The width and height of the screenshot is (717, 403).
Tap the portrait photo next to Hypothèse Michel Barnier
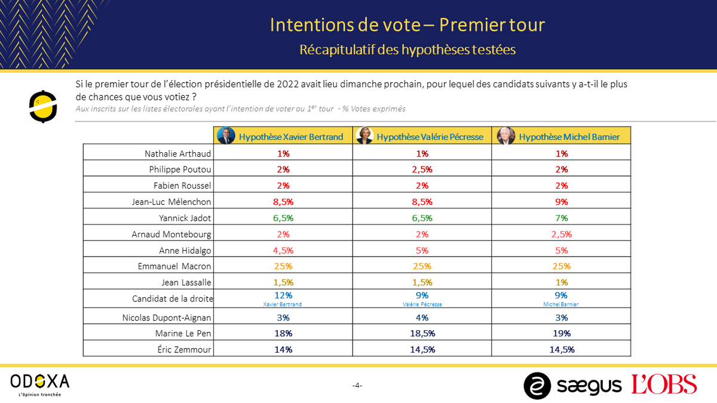coord(506,136)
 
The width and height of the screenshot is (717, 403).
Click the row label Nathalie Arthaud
coord(178,153)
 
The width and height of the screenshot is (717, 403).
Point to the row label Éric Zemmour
coord(182,350)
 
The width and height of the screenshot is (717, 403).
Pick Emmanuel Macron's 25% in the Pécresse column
coord(422,266)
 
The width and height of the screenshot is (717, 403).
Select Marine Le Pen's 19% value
coord(561,333)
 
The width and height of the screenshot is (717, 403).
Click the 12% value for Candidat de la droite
coord(283,295)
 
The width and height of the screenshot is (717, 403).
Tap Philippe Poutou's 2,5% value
coord(422,170)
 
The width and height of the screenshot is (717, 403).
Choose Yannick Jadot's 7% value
coord(561,218)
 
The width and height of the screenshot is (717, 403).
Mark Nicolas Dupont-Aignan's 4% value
coord(422,318)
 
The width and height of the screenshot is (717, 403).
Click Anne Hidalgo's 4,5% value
coord(283,250)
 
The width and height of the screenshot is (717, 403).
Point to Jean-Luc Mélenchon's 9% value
coord(561,202)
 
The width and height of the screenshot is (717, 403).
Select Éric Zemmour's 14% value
coord(283,350)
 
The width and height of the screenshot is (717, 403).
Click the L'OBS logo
coord(664,384)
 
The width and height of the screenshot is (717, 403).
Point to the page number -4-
coord(357,386)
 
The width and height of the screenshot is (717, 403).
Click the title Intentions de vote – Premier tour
coord(407,25)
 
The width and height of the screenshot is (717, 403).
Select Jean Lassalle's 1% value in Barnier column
coord(561,282)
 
